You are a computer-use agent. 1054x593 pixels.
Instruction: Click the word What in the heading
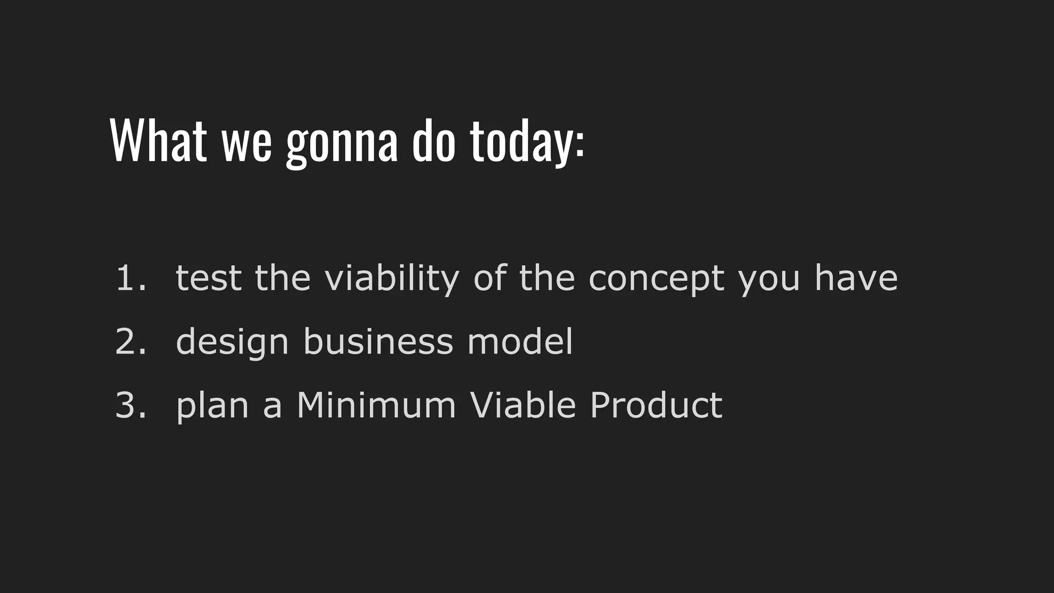click(x=158, y=141)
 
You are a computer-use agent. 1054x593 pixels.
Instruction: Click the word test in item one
click(x=208, y=278)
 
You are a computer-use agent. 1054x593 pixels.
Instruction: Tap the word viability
click(x=391, y=278)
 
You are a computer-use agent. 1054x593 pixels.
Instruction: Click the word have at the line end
click(x=856, y=278)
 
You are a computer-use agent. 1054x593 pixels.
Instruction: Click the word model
click(x=520, y=342)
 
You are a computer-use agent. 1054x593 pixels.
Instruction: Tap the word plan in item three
click(x=213, y=406)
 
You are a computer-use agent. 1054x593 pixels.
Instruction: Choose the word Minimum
click(x=376, y=405)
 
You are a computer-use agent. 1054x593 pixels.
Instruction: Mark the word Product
click(x=656, y=405)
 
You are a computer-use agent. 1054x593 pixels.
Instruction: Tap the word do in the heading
click(x=433, y=141)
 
